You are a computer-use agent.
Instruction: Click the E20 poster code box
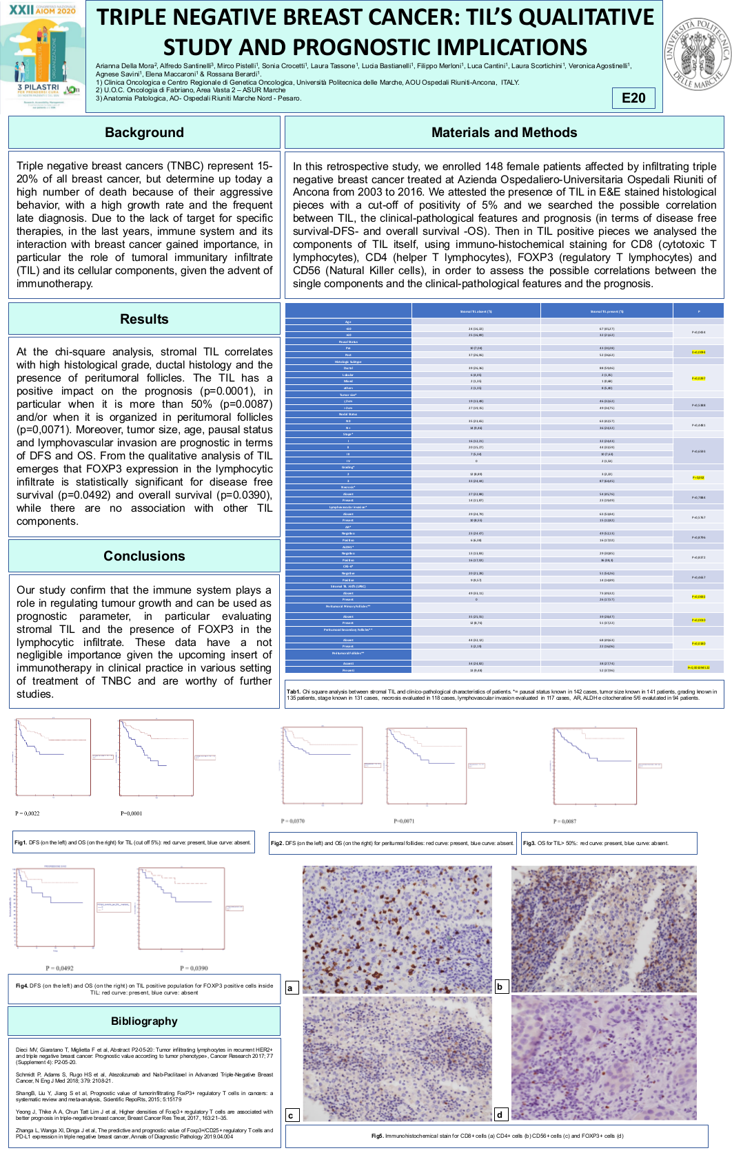pyautogui.click(x=633, y=98)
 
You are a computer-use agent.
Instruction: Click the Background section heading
pyautogui.click(x=144, y=132)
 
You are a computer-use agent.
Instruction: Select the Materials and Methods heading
pyautogui.click(x=504, y=132)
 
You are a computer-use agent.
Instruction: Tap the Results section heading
pyautogui.click(x=144, y=319)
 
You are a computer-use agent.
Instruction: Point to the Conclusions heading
pyautogui.click(x=144, y=556)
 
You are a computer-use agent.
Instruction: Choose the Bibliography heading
pyautogui.click(x=144, y=1021)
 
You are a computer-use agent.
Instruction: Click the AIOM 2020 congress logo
pyautogui.click(x=43, y=55)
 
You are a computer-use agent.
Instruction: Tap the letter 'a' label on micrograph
pyautogui.click(x=290, y=988)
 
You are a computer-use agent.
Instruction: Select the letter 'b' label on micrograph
pyautogui.click(x=500, y=986)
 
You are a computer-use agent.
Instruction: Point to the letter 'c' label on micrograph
pyautogui.click(x=291, y=1115)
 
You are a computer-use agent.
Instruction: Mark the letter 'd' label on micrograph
pyautogui.click(x=500, y=1114)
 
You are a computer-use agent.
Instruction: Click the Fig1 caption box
pyautogui.click(x=133, y=842)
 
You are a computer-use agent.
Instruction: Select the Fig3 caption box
pyautogui.click(x=609, y=843)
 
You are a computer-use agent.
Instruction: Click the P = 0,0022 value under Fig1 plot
pyautogui.click(x=28, y=813)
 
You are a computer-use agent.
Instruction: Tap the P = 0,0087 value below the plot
pyautogui.click(x=565, y=821)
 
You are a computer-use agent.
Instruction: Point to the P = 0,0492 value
pyautogui.click(x=59, y=968)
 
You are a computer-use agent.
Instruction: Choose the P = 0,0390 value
pyautogui.click(x=194, y=968)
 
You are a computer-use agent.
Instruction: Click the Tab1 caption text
pyautogui.click(x=504, y=694)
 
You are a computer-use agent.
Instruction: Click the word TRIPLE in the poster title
pyautogui.click(x=134, y=17)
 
